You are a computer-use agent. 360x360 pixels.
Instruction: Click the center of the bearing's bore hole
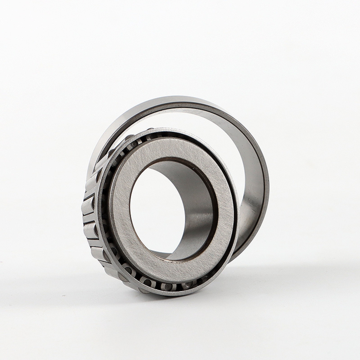click(x=168, y=210)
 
